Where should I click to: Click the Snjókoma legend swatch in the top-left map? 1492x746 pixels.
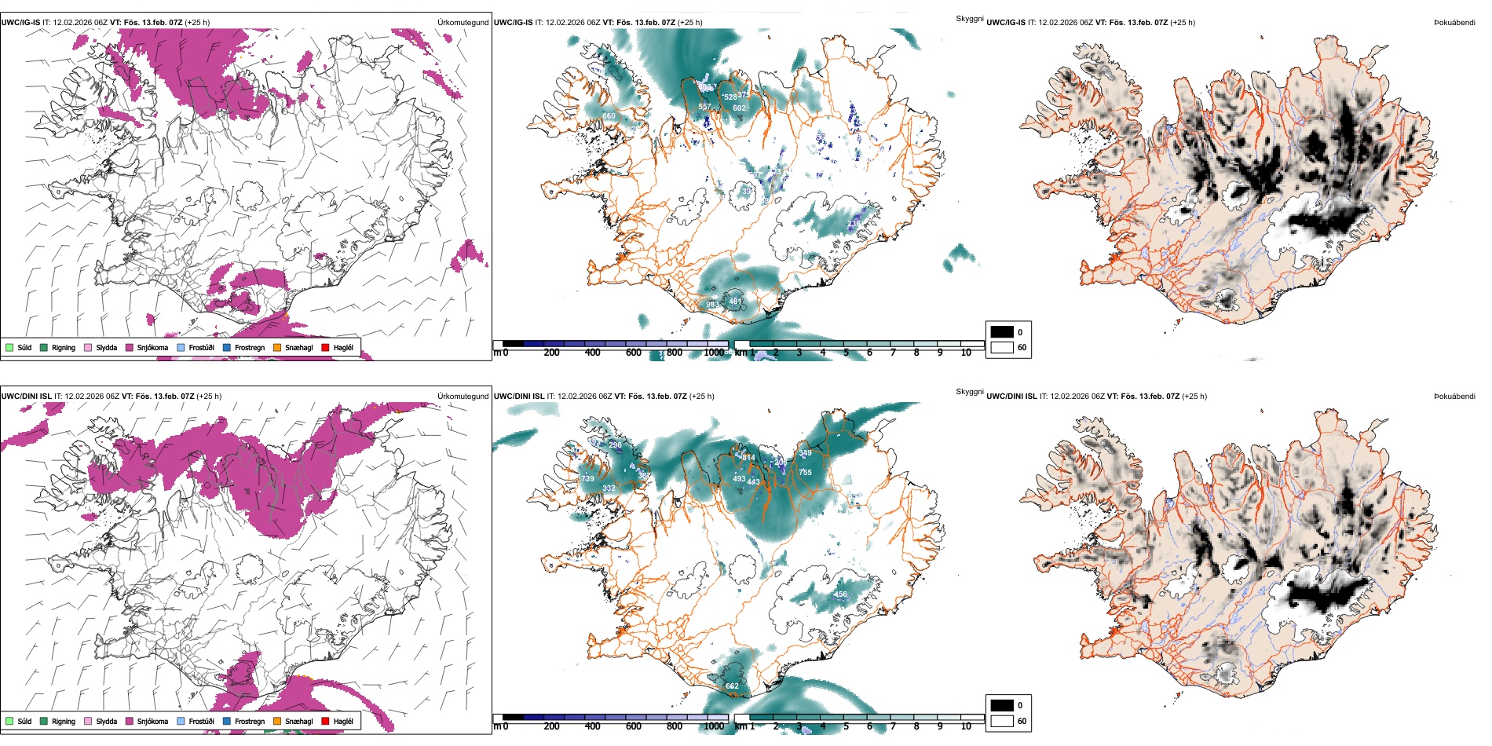(130, 347)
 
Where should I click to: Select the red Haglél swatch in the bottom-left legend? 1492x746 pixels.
(326, 721)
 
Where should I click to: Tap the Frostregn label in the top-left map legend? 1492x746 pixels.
(249, 347)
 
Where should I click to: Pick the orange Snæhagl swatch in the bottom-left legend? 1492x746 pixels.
(277, 721)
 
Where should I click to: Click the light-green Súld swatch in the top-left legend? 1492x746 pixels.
(9, 347)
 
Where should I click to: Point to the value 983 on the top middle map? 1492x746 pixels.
(711, 305)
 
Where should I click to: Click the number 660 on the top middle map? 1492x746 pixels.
(609, 116)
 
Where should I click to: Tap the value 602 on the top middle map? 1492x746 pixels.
(739, 108)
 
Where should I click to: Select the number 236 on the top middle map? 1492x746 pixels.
(854, 224)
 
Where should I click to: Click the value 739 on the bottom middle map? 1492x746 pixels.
(587, 479)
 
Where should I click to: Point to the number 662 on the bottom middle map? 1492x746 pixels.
(732, 686)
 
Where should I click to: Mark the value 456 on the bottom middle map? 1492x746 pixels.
(841, 594)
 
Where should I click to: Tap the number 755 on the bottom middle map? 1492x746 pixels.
(805, 473)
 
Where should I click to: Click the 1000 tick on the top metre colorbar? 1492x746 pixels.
(714, 353)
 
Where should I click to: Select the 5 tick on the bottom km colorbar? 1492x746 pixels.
(846, 726)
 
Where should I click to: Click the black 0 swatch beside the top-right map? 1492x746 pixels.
(1002, 331)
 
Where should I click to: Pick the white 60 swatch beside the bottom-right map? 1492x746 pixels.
(1002, 721)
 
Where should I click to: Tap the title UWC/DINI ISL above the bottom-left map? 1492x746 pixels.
(26, 397)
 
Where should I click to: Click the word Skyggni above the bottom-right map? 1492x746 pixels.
(969, 392)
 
